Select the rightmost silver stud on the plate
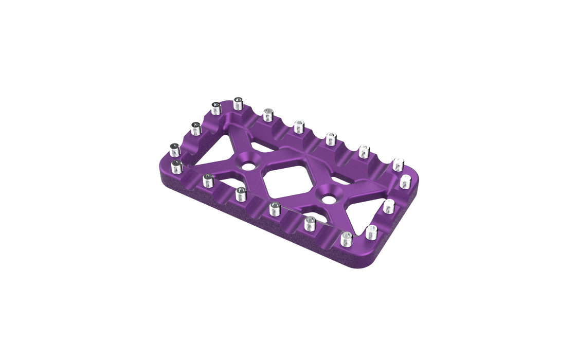(405, 182)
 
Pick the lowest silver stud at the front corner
(347, 240)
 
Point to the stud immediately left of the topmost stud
(215, 109)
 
